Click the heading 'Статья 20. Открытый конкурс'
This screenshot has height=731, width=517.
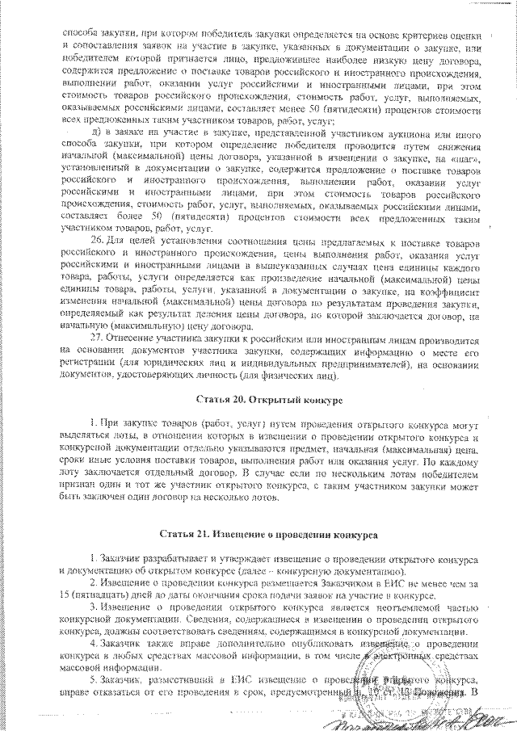pos(270,400)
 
